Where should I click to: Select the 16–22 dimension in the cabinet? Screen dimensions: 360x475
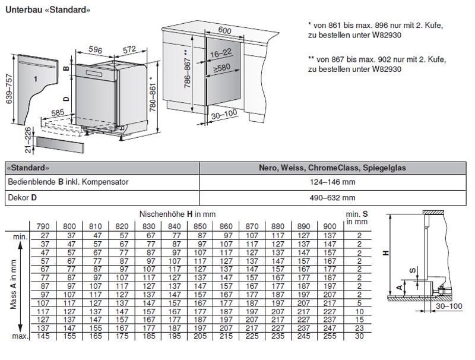(x=218, y=53)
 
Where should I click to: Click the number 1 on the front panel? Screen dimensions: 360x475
(x=35, y=78)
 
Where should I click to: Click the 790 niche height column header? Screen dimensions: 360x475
(x=44, y=226)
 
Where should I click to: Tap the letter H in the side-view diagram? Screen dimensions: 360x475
(x=387, y=253)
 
